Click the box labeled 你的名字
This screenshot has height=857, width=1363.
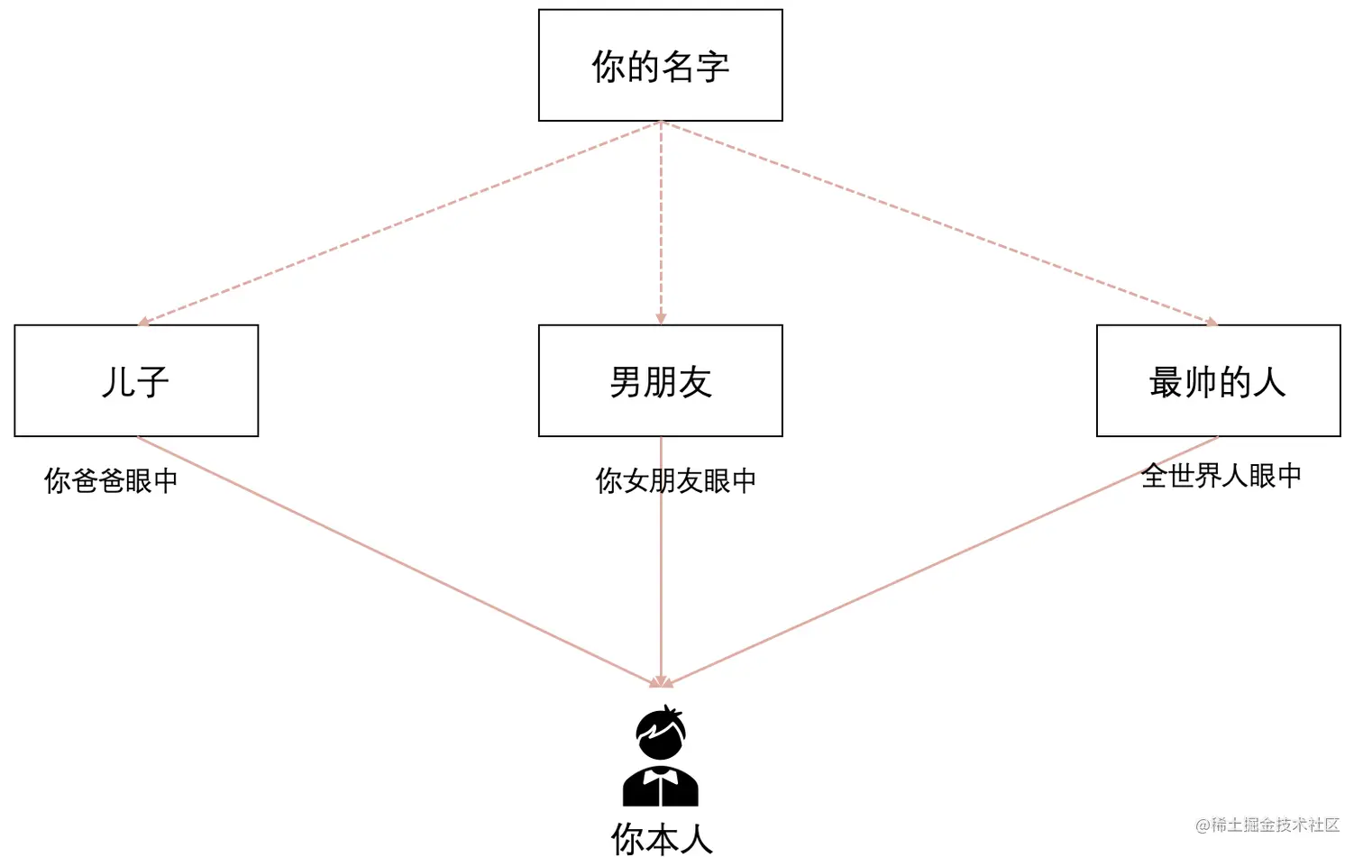pos(660,65)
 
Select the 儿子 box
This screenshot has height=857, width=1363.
pos(136,380)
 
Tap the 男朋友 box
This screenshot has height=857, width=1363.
pos(660,380)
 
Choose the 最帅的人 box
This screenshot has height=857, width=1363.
pos(1218,380)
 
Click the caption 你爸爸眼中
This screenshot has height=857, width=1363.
pos(111,480)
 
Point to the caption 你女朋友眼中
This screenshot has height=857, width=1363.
pos(676,480)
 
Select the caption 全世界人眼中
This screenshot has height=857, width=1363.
pos(1221,475)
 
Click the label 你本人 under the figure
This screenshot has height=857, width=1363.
pos(662,839)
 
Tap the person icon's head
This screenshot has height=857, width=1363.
pos(661,733)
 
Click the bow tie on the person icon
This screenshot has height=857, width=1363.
pos(661,771)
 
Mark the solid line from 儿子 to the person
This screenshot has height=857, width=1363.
pos(397,561)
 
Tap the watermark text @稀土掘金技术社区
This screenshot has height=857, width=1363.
pos(1267,825)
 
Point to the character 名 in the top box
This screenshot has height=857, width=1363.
pos(677,67)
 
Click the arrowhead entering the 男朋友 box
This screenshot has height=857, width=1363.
pos(661,318)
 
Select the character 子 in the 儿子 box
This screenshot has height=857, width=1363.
pos(152,382)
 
